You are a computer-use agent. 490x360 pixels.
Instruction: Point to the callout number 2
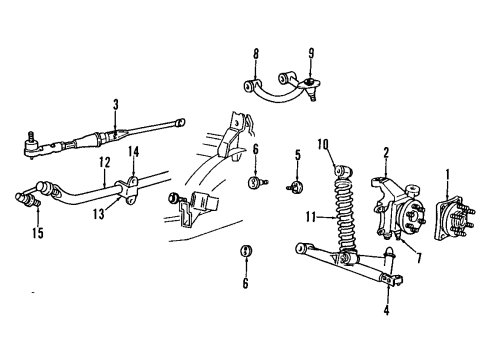(x=386, y=153)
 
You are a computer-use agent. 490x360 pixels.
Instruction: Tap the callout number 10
(x=323, y=145)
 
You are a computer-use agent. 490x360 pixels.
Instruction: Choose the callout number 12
(x=103, y=162)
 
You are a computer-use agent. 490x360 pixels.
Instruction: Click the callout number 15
(x=38, y=234)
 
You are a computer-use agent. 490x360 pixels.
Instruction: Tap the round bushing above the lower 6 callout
(x=245, y=250)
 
